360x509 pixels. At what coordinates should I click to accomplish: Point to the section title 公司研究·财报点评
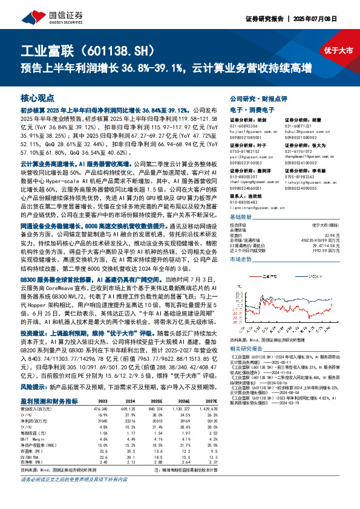click(256, 97)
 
